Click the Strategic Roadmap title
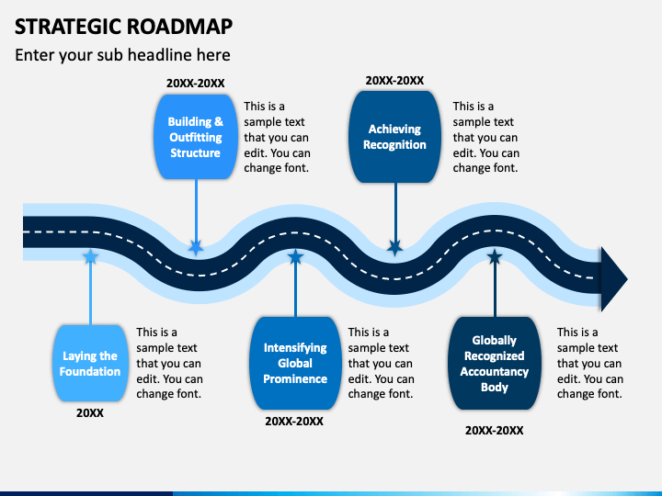coord(123,26)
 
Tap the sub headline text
coord(122,55)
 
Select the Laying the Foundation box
coord(90,363)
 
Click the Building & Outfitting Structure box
coord(196,137)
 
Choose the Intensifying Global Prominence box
coord(295,363)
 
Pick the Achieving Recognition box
coord(394,137)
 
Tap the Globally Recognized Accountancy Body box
coord(495,363)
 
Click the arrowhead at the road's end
coord(614,279)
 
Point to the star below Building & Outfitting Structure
coord(196,247)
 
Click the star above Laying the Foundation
coord(90,256)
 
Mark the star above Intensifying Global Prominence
coord(295,256)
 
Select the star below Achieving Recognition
coord(395,247)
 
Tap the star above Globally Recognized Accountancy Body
coord(495,256)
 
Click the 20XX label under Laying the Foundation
coord(90,413)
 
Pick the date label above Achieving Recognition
coord(394,81)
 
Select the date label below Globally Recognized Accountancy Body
coord(495,431)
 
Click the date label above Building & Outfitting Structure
coord(196,83)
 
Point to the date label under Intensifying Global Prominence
coord(294,422)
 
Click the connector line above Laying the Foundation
coord(90,294)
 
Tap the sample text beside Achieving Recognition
coord(486,137)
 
